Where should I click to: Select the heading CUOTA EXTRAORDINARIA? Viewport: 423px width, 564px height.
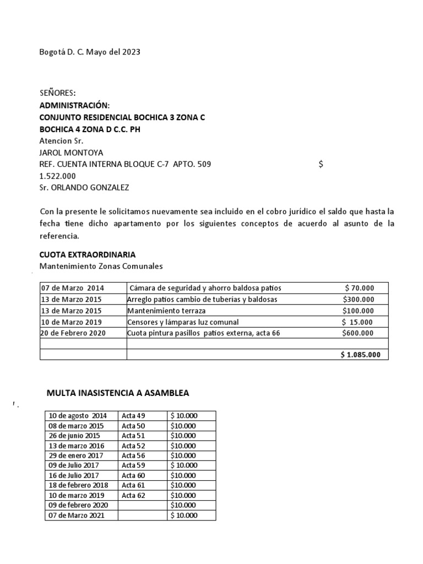88,254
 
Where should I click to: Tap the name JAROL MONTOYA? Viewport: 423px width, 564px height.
71,152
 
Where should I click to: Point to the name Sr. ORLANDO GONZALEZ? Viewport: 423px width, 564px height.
84,187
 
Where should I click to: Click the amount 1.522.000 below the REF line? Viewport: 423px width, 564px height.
58,176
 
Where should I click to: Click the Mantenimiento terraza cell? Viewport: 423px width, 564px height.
167,311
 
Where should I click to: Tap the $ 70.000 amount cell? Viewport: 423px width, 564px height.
359,288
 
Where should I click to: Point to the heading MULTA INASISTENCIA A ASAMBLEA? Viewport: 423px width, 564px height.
118,393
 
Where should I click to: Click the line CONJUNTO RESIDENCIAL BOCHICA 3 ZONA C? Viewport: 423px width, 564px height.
122,117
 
